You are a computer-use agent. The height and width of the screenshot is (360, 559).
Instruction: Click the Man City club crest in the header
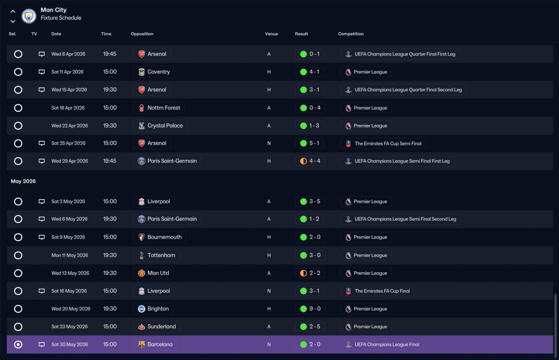(29, 16)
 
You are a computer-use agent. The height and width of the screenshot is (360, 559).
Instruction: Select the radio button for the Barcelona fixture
(18, 344)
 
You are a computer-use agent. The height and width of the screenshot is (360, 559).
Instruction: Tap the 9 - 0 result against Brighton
(315, 309)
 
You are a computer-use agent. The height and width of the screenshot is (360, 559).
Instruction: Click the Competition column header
(351, 34)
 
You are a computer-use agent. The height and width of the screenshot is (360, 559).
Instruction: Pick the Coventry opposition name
(159, 72)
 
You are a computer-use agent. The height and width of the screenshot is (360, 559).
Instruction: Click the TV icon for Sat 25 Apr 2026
(41, 143)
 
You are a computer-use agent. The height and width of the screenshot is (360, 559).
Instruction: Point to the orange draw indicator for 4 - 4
(304, 161)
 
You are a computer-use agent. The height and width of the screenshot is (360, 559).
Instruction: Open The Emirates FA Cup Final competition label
(382, 291)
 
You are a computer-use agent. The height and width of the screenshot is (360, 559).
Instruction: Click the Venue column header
(271, 34)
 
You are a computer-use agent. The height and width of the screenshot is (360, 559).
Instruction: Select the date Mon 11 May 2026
(69, 255)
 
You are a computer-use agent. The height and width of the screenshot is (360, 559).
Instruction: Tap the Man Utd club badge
(141, 273)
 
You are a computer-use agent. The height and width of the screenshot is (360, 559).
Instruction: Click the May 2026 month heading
(23, 181)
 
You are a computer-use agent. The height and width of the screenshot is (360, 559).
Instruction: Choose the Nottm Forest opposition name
(164, 108)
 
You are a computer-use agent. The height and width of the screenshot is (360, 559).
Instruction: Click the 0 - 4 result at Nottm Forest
(315, 108)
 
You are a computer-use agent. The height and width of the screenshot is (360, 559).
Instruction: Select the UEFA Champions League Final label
(387, 344)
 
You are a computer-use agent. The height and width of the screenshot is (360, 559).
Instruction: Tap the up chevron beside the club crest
(13, 11)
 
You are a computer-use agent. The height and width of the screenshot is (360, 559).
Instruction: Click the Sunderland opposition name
(162, 326)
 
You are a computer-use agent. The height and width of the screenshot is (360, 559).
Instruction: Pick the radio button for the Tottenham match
(18, 255)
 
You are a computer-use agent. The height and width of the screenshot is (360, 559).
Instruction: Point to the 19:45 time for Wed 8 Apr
(110, 54)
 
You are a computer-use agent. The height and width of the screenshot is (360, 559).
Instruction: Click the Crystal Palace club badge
(141, 126)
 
